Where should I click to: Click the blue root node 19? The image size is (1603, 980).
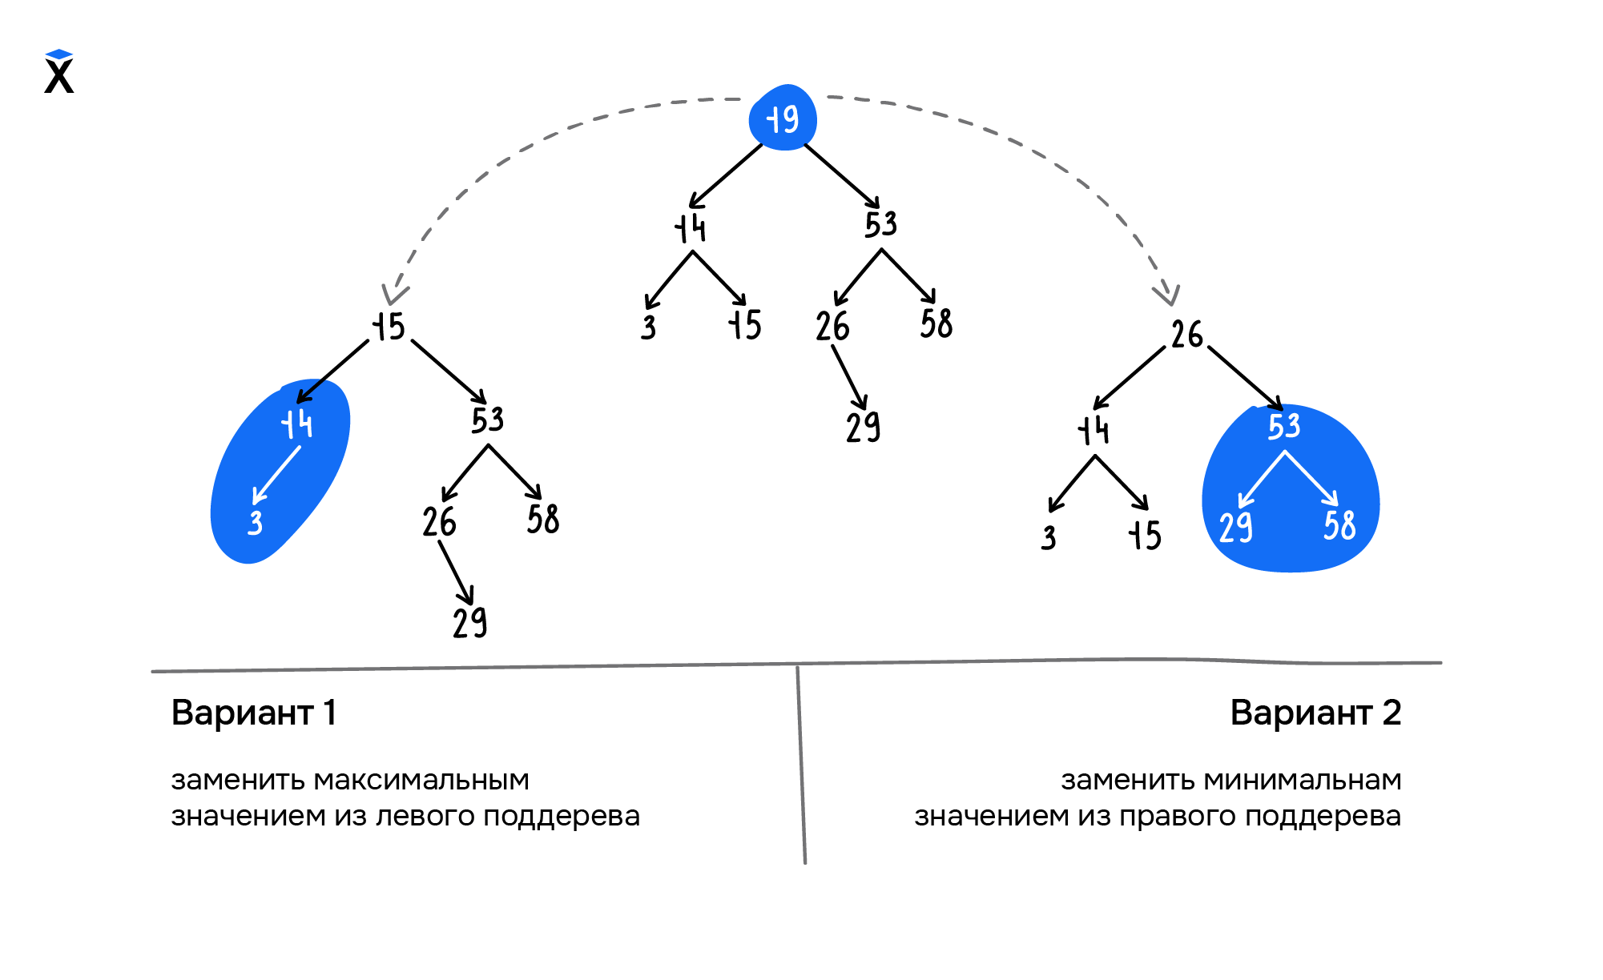pyautogui.click(x=783, y=118)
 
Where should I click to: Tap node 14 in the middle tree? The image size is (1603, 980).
pyautogui.click(x=691, y=227)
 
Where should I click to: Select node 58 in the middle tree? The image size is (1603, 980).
pyautogui.click(x=936, y=323)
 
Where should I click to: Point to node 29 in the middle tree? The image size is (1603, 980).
pyautogui.click(x=863, y=426)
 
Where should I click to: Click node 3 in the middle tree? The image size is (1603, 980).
pyautogui.click(x=649, y=327)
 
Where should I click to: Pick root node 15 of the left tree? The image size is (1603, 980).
pyautogui.click(x=389, y=327)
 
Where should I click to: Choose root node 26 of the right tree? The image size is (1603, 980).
pyautogui.click(x=1186, y=334)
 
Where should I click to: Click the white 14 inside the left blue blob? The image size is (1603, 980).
pyautogui.click(x=297, y=424)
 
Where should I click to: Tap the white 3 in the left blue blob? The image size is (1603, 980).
pyautogui.click(x=256, y=523)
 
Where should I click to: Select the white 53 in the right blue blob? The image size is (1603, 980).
pyautogui.click(x=1284, y=426)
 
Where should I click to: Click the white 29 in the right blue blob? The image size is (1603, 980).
pyautogui.click(x=1235, y=528)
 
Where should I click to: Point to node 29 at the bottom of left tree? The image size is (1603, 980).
pyautogui.click(x=469, y=622)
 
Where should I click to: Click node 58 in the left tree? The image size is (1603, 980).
pyautogui.click(x=543, y=519)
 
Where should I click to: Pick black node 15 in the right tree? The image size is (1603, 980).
pyautogui.click(x=1146, y=535)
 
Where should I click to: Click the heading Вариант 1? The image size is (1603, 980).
pyautogui.click(x=253, y=712)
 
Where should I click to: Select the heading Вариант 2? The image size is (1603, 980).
pyautogui.click(x=1315, y=712)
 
